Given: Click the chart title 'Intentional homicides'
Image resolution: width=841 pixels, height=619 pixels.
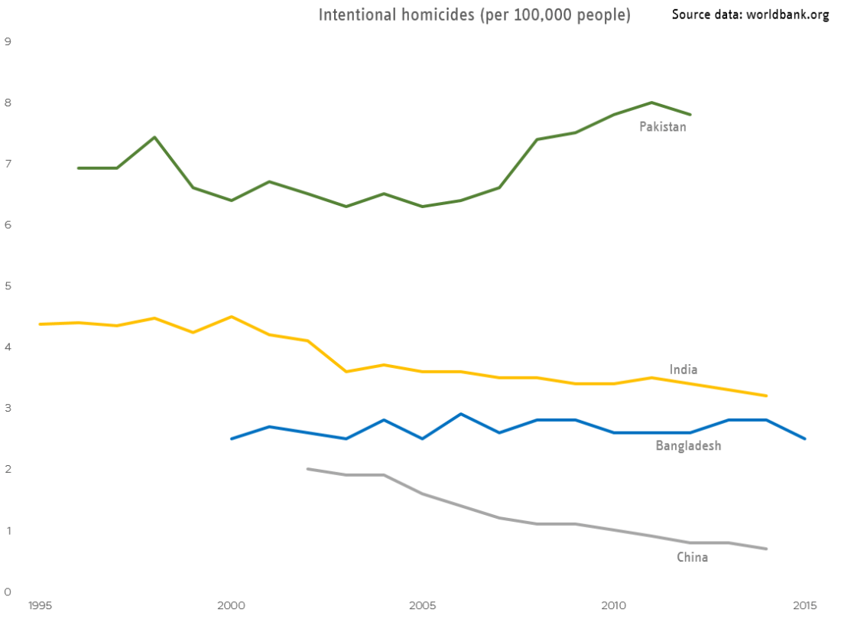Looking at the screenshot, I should [x=474, y=15].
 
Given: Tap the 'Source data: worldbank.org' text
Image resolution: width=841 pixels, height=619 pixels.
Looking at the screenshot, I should [x=750, y=15].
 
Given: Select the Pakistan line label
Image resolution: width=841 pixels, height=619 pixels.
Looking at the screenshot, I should [x=663, y=127].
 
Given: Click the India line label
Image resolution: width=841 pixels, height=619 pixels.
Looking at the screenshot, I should [x=683, y=370].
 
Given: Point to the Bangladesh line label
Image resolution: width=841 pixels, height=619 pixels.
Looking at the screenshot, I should [x=688, y=445].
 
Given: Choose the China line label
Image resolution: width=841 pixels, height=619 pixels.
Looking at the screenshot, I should [x=692, y=557].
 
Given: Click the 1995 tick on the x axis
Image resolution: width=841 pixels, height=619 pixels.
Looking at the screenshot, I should [x=40, y=606].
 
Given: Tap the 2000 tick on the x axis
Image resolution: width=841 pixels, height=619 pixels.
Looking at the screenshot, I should [x=231, y=606].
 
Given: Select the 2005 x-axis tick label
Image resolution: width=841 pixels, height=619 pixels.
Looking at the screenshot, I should [x=422, y=606].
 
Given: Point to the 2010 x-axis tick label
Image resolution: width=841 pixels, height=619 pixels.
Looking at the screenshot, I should [x=613, y=606].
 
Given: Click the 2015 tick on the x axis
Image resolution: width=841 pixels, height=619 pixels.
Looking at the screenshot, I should [x=804, y=606].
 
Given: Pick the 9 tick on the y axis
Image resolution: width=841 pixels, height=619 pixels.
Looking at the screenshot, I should [x=8, y=41].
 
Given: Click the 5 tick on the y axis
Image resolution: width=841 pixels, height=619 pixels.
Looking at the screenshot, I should [x=8, y=286].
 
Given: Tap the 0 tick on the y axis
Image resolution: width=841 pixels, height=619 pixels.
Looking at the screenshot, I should [x=8, y=591].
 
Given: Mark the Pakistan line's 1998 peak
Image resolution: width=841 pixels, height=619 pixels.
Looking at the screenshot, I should [x=154, y=138].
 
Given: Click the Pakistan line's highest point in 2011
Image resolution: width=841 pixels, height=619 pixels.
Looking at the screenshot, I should [x=651, y=103].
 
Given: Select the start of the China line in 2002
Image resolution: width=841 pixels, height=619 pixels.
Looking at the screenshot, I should [x=307, y=469].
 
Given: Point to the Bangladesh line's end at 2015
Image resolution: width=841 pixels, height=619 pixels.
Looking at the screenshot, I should [x=804, y=438].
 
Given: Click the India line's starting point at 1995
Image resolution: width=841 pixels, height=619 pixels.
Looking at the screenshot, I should [x=40, y=324].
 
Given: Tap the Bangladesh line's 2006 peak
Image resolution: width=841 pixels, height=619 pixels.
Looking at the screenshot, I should [x=460, y=414].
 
